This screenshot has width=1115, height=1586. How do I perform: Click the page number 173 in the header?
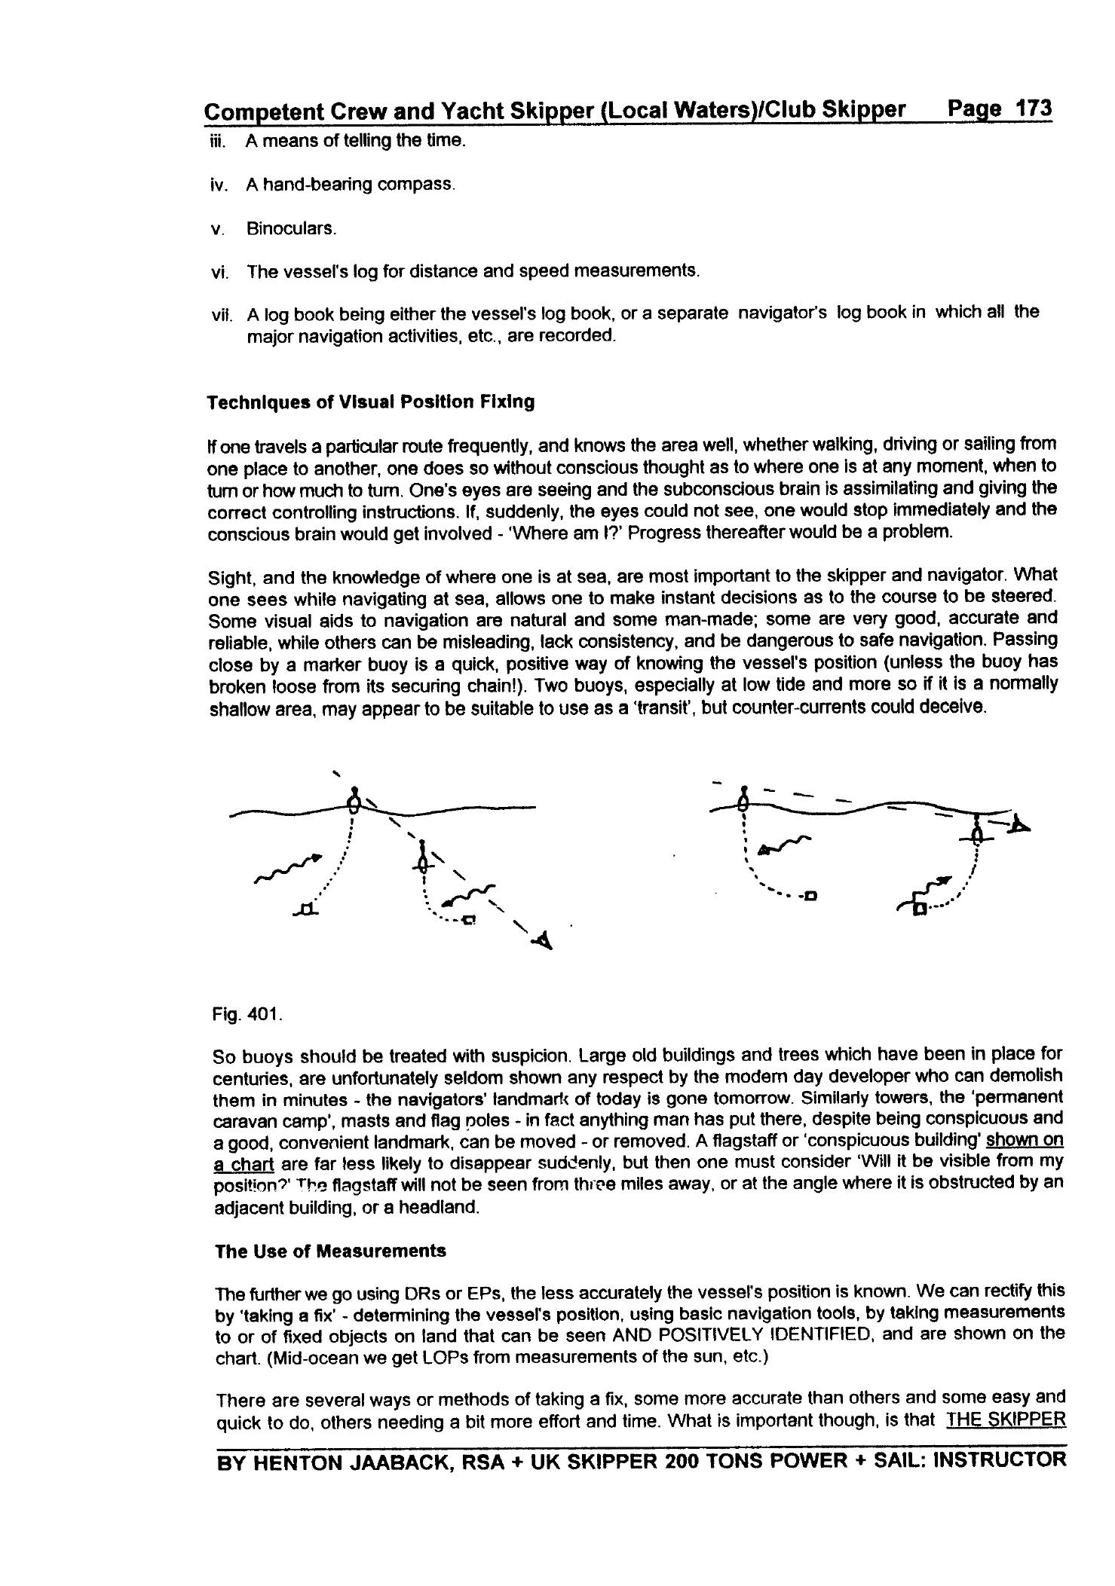(x=1032, y=108)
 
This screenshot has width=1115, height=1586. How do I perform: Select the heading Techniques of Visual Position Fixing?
(x=371, y=402)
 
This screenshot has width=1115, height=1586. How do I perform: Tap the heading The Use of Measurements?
(x=330, y=1251)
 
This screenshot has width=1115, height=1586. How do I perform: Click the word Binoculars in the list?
(x=291, y=228)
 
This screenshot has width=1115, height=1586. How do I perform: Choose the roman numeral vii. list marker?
(x=221, y=313)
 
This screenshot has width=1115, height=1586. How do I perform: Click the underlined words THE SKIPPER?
(x=1006, y=1420)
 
